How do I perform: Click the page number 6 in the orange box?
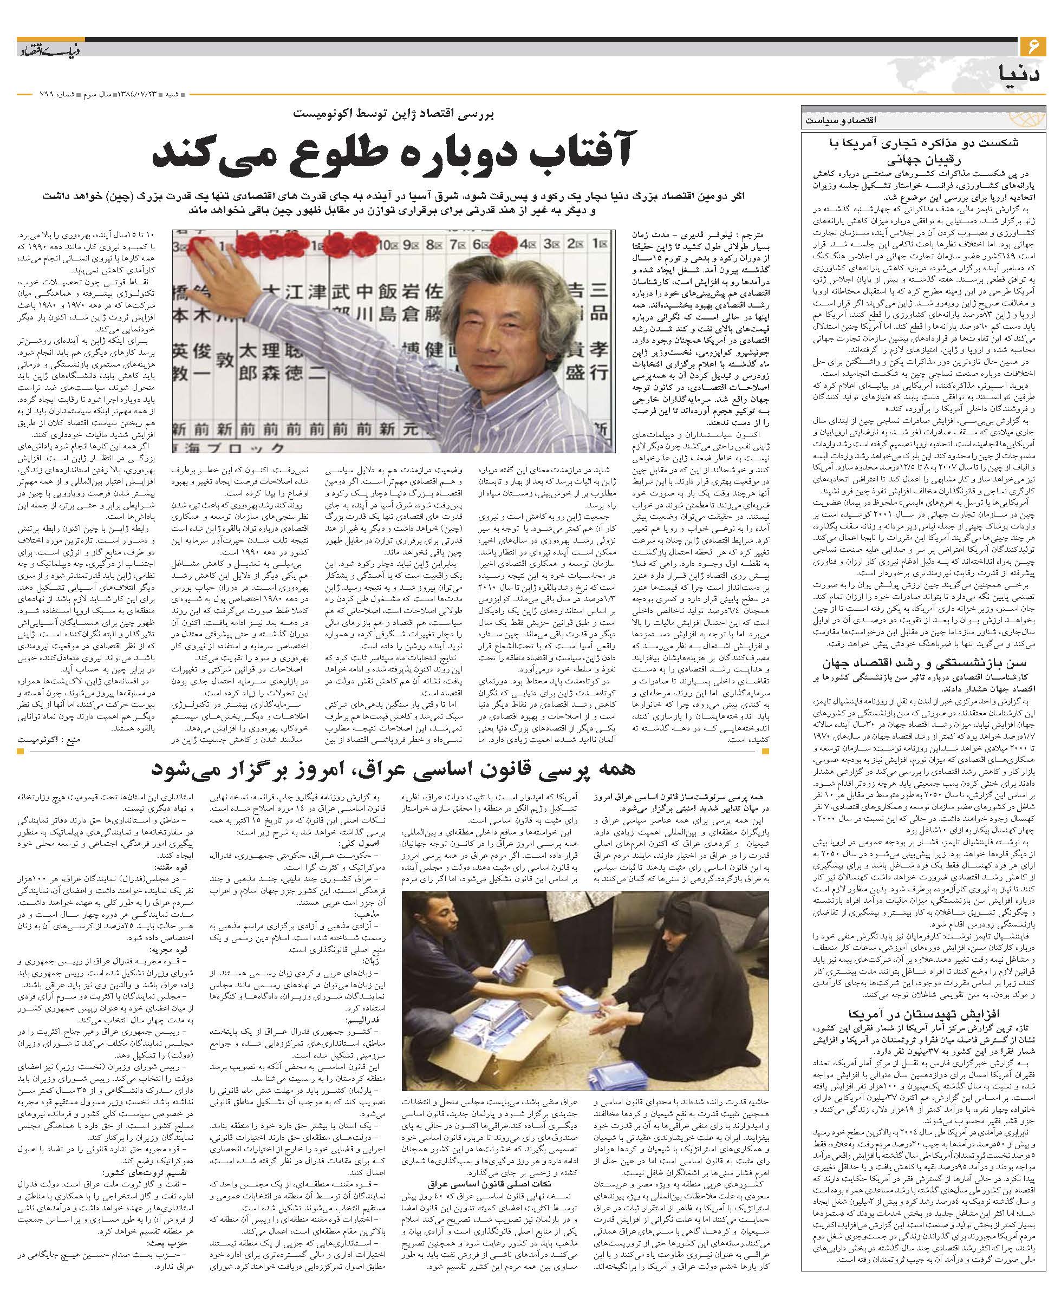click(1032, 47)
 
